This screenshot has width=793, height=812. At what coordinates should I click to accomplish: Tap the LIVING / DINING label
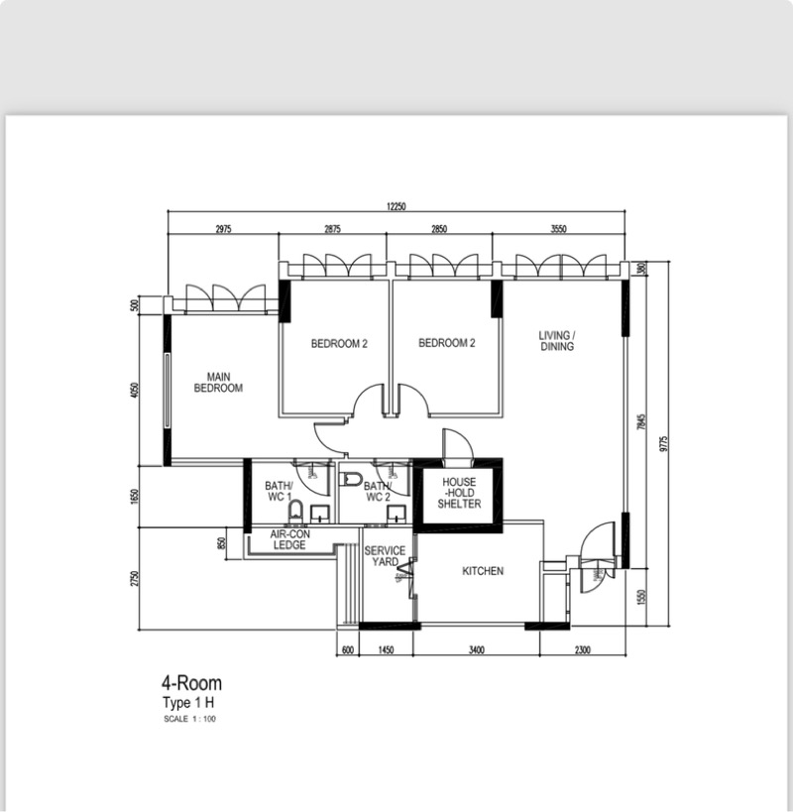(x=557, y=341)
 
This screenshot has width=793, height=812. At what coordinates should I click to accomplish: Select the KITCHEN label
(x=483, y=572)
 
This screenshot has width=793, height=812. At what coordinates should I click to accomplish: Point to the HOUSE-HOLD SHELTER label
(x=459, y=493)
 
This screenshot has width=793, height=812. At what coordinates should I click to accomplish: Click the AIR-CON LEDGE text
(x=288, y=540)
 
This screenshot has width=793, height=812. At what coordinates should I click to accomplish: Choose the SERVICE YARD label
(x=384, y=556)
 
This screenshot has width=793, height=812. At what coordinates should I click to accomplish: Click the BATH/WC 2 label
(x=377, y=491)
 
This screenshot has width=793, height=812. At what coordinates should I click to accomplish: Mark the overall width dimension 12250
(x=397, y=206)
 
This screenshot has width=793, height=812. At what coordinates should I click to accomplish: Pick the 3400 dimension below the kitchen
(x=476, y=650)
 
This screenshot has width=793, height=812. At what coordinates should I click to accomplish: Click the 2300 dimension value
(x=582, y=650)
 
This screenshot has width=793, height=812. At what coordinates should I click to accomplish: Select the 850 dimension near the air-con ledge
(x=221, y=544)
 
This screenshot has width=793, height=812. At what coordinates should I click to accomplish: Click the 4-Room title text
(x=191, y=683)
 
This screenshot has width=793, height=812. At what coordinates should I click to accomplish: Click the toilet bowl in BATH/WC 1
(x=294, y=513)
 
